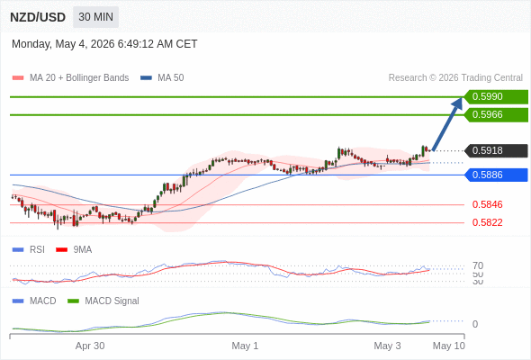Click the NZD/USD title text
(38, 17)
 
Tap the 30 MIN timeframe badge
(95, 17)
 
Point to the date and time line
(104, 44)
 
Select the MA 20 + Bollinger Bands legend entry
(70, 78)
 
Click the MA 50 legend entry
(162, 78)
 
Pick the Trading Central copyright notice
(455, 78)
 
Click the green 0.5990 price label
(496, 96)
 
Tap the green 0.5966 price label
(496, 114)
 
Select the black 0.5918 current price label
(496, 150)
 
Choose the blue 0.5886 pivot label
(496, 175)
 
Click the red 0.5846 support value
(487, 204)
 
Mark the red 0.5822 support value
(487, 222)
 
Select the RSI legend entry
(29, 249)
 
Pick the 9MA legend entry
(74, 249)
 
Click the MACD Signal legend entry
(103, 301)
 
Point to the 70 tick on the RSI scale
(478, 265)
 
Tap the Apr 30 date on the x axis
(90, 346)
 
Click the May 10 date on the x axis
(449, 346)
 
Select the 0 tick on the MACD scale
(475, 324)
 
